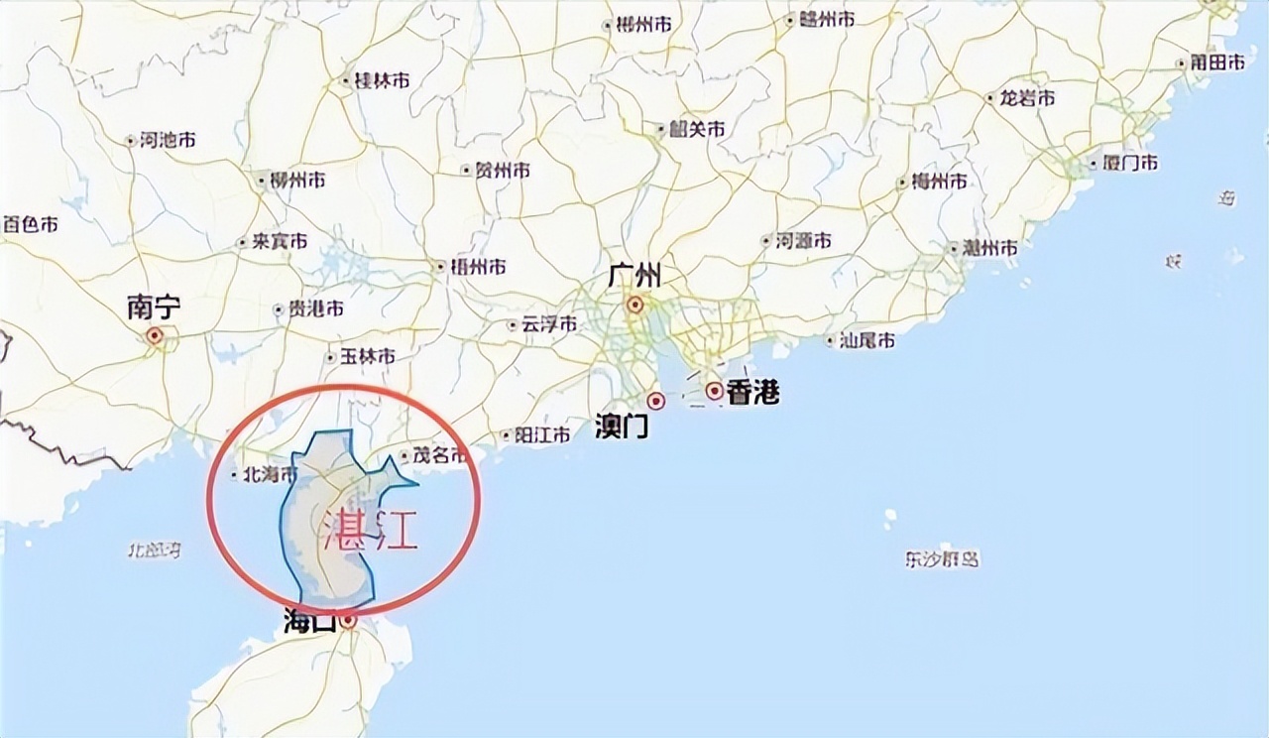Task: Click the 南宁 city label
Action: [x=154, y=307]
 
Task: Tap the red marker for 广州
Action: [x=634, y=305]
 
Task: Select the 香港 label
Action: [x=752, y=394]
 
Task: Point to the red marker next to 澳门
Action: [x=655, y=401]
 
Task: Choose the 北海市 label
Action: [x=271, y=475]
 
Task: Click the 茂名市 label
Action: [x=439, y=456]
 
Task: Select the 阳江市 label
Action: [x=542, y=434]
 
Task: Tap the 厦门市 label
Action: [x=1129, y=163]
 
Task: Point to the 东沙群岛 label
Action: [x=942, y=559]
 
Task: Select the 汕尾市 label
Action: [x=866, y=340]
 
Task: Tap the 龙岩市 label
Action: [x=1026, y=98]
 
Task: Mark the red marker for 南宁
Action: [x=155, y=336]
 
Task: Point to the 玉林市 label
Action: [x=367, y=356]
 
